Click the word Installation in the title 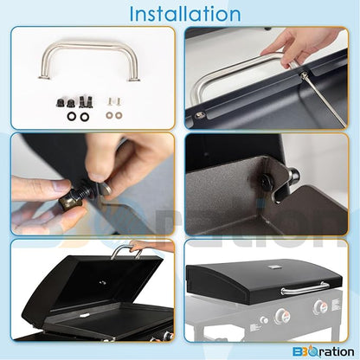(x=185, y=14)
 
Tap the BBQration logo (x=324, y=352)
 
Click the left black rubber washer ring (x=71, y=116)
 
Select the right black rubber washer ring (x=84, y=117)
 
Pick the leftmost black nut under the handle (x=60, y=103)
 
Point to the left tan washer (x=110, y=115)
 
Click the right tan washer (x=118, y=115)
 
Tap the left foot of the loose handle (x=43, y=77)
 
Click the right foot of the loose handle (x=134, y=80)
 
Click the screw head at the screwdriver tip (x=302, y=75)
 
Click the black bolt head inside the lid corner (x=265, y=180)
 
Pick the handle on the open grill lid (x=126, y=250)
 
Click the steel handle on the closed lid (x=305, y=289)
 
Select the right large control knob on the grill (x=319, y=307)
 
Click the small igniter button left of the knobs (x=263, y=320)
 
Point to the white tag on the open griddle (x=84, y=315)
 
